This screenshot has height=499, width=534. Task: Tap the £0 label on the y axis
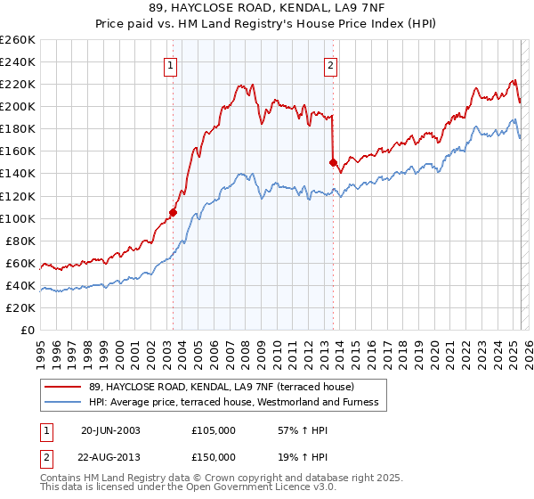coord(26,330)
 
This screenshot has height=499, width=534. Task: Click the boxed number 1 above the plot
coord(171,64)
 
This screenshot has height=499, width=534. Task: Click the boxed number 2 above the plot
coord(331,64)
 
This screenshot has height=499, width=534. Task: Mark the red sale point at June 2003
coord(174,212)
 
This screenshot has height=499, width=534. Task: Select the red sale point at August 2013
coord(334,162)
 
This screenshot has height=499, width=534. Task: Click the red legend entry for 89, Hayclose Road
coord(222,387)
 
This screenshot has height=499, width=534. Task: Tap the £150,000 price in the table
coord(214,457)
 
